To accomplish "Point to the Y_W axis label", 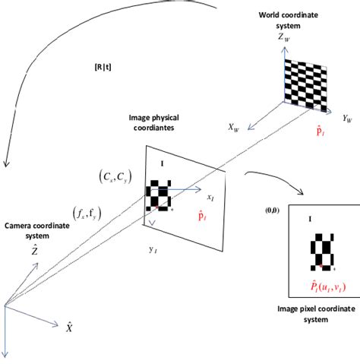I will [x=350, y=119].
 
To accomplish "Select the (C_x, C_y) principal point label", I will [x=115, y=176].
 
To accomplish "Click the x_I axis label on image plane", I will [x=211, y=197].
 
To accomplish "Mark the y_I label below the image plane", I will [x=153, y=248].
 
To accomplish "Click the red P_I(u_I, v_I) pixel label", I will [x=318, y=286].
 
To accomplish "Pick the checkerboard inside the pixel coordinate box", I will [x=322, y=252].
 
